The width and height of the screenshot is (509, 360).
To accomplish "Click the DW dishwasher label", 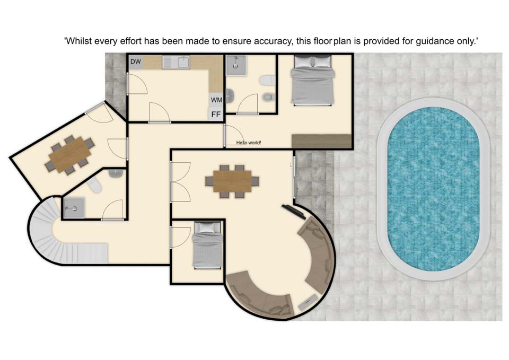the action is click(136, 62).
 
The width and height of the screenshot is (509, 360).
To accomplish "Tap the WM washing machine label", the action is click(216, 100).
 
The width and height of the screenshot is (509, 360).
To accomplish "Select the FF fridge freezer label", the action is click(216, 115).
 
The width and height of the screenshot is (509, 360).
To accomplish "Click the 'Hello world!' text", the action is click(249, 143).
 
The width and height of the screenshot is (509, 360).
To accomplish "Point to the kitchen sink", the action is click(176, 63).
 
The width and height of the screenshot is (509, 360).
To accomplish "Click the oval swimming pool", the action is click(433, 189).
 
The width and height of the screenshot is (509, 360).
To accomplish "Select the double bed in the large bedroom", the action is click(312, 81).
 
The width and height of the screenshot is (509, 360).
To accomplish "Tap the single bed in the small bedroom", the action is click(207, 245).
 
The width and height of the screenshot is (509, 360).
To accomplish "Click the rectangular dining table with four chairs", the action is click(232, 181).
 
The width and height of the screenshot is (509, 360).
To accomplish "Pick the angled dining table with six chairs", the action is click(70, 154).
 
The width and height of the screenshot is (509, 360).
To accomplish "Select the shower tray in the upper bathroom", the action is click(235, 65).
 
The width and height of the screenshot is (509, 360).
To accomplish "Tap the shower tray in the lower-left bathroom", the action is click(74, 207).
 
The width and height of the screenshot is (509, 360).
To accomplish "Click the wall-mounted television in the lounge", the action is click(293, 211).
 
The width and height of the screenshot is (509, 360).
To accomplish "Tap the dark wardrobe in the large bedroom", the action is click(321, 141).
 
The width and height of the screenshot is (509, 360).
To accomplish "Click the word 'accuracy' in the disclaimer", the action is click(272, 41).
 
